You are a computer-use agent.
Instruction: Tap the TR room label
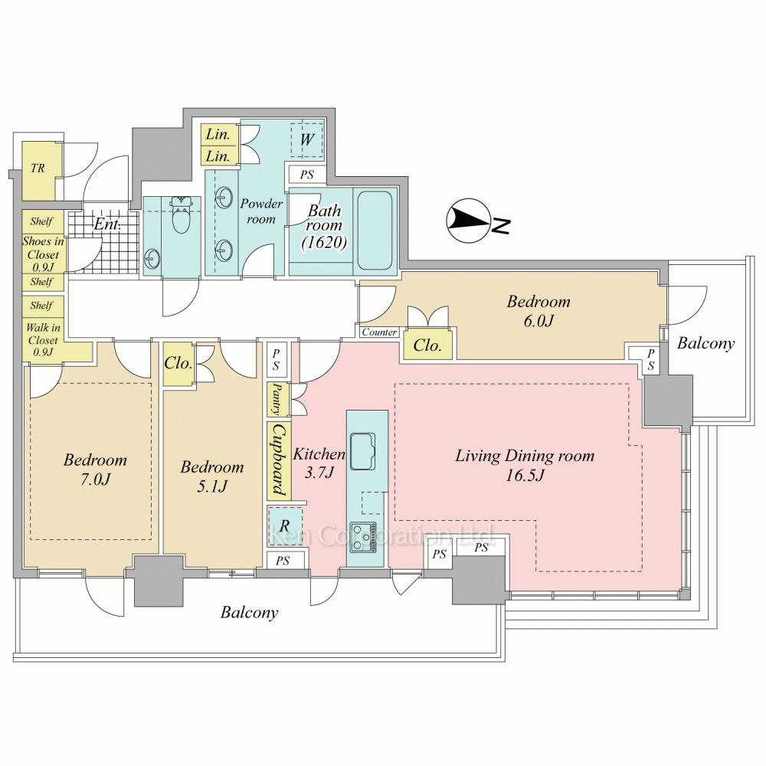pyautogui.click(x=38, y=169)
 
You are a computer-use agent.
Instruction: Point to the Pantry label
pyautogui.click(x=277, y=398)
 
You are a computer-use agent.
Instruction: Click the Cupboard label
pyautogui.click(x=279, y=460)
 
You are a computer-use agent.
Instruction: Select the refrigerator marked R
pyautogui.click(x=284, y=525)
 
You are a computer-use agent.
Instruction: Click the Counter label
pyautogui.click(x=380, y=332)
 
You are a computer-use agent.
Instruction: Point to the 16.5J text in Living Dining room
pyautogui.click(x=525, y=476)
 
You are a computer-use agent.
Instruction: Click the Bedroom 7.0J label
pyautogui.click(x=95, y=470)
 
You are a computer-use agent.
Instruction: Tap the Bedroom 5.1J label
pyautogui.click(x=212, y=476)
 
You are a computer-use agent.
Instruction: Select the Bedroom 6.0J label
pyautogui.click(x=538, y=311)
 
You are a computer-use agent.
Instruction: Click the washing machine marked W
pyautogui.click(x=307, y=139)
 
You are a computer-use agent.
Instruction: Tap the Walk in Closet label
pyautogui.click(x=43, y=339)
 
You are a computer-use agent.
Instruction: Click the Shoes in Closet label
pyautogui.click(x=43, y=254)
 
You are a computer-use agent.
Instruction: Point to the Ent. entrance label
pyautogui.click(x=107, y=224)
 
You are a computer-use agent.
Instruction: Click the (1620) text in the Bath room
pyautogui.click(x=324, y=242)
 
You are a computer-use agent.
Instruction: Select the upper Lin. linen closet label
pyautogui.click(x=218, y=134)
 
